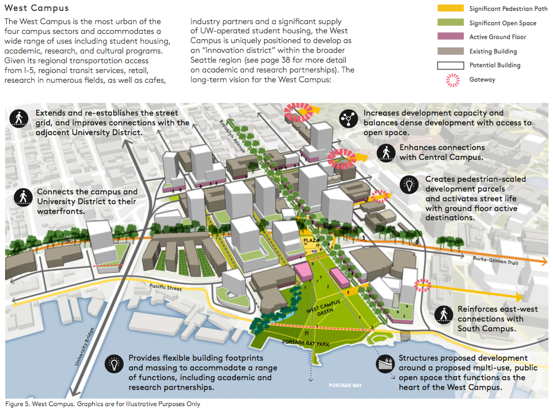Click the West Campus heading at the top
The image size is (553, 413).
(x=37, y=9)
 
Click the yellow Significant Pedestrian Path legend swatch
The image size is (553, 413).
(x=450, y=9)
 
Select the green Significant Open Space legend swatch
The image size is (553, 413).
(x=450, y=23)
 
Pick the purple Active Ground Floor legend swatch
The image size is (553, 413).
(x=450, y=37)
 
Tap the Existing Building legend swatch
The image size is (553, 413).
(x=450, y=51)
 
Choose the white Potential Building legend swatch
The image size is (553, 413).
(x=450, y=65)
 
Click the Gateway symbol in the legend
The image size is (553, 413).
(x=450, y=79)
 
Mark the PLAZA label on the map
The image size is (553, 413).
(x=311, y=241)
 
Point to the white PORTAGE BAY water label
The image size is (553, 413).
(x=346, y=385)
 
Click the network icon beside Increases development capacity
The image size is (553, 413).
(x=348, y=118)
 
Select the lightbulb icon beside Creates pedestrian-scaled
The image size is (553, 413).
(x=410, y=184)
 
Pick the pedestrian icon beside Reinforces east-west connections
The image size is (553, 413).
(x=443, y=314)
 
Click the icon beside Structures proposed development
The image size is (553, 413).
(x=384, y=364)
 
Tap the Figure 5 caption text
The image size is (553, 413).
(x=103, y=404)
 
